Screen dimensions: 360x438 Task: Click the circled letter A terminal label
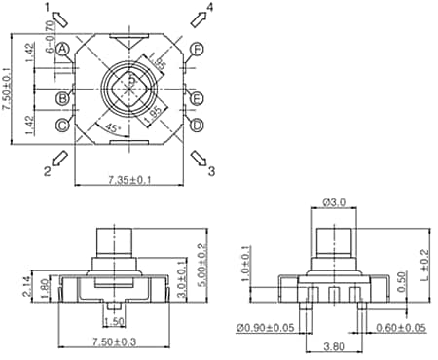[62, 49]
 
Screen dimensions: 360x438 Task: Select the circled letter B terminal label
[62, 98]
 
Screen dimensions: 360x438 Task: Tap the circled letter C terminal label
[62, 125]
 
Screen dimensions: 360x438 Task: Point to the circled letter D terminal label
[198, 125]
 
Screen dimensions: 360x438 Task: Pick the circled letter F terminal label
[198, 49]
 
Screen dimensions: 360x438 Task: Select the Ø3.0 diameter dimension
[333, 202]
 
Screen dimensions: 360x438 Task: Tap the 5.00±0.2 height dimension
[202, 260]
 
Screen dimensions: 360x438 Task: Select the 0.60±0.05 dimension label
[400, 327]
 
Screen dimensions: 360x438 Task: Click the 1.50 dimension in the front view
[113, 321]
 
